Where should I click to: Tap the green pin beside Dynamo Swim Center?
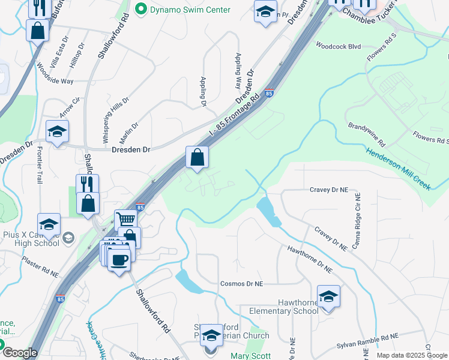pyautogui.click(x=141, y=9)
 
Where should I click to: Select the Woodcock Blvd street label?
pyautogui.click(x=338, y=46)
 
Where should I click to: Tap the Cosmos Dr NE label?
pyautogui.click(x=242, y=283)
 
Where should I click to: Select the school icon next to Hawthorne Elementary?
pyautogui.click(x=328, y=297)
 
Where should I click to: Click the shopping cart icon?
pyautogui.click(x=126, y=220)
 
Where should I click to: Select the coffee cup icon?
pyautogui.click(x=119, y=259)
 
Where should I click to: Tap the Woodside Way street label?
pyautogui.click(x=55, y=73)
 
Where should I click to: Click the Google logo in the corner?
pyautogui.click(x=19, y=353)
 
